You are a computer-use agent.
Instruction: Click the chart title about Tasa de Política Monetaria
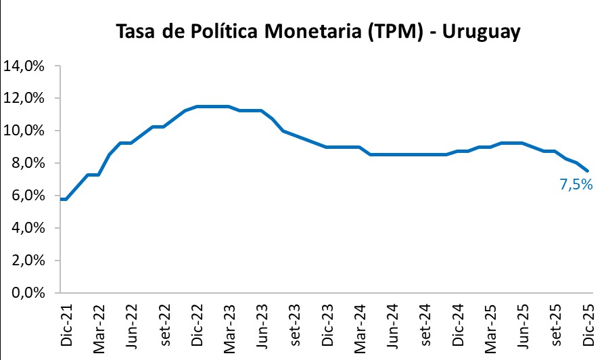click(x=318, y=32)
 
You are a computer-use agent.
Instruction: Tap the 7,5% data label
click(x=576, y=184)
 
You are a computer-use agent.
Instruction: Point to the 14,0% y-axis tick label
click(x=24, y=66)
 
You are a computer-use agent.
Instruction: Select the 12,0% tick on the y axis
click(x=24, y=99)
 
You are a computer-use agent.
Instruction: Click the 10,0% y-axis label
click(x=24, y=131)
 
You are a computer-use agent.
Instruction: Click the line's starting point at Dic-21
click(x=61, y=199)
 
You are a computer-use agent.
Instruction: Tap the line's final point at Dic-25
click(x=587, y=171)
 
